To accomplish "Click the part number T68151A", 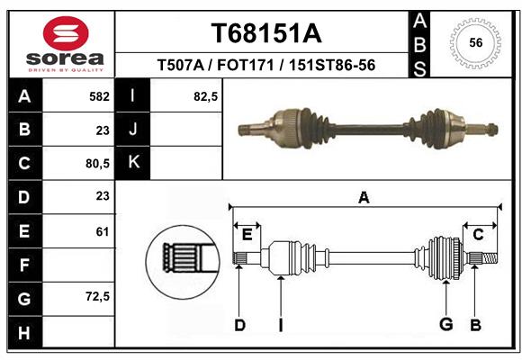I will point(265,33).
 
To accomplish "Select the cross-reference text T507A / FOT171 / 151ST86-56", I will point(265,66).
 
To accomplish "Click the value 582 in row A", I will point(99,95).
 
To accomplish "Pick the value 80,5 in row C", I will point(96,163).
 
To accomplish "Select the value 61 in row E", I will point(102,231).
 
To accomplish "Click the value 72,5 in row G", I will point(96,295).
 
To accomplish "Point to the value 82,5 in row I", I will point(206,95).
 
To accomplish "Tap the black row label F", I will point(23,265).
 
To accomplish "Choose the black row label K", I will point(133,163).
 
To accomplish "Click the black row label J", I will point(133,130).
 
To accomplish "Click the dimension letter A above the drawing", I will point(364,198).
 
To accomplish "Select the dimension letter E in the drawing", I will point(247,235).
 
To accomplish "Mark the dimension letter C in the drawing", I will point(479,235).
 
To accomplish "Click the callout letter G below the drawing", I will point(445,325).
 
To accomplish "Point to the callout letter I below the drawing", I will point(281,325).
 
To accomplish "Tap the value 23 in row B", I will point(102,130).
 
